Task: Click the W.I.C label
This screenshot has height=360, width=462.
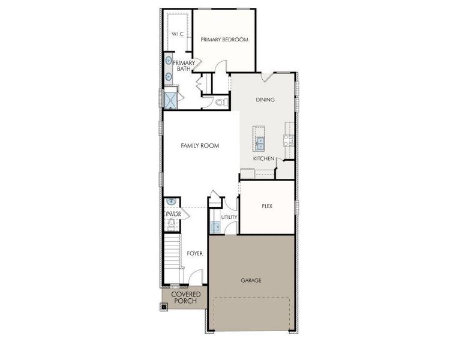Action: point(177,34)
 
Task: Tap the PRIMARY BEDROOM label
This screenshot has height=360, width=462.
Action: point(224,40)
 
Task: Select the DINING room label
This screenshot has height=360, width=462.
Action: point(265,100)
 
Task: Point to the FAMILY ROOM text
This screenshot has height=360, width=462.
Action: point(200,145)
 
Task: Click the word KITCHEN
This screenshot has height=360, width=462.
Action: point(263,158)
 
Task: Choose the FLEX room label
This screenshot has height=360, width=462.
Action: point(267,206)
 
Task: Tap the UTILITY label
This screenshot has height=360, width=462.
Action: point(229,217)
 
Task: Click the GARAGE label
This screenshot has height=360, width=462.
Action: point(251,280)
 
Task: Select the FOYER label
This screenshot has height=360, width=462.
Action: point(194,253)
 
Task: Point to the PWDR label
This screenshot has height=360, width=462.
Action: point(173,214)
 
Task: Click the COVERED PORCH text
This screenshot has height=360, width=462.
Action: point(186,298)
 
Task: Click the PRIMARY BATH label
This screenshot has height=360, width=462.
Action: point(183,65)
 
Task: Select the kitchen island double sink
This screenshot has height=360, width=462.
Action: point(260,143)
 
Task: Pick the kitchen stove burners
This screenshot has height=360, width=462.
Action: point(288,142)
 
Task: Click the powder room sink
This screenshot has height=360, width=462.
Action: point(171,202)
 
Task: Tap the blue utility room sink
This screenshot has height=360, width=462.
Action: point(216,227)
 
